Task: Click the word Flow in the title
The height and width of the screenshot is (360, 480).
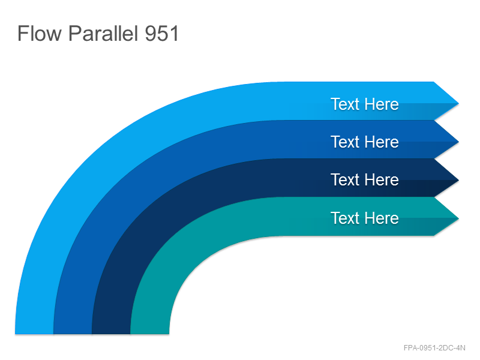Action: click(40, 33)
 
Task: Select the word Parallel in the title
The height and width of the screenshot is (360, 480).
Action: click(103, 33)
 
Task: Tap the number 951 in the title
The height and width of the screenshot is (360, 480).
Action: click(161, 34)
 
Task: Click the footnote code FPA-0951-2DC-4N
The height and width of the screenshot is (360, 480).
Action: click(434, 348)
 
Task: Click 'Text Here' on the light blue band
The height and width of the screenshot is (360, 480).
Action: click(365, 104)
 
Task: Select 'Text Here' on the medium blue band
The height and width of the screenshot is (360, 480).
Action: click(365, 142)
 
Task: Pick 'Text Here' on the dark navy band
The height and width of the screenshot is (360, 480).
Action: click(365, 179)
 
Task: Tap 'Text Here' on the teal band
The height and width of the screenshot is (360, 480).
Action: click(365, 218)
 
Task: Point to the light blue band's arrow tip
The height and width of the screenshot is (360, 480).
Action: click(458, 103)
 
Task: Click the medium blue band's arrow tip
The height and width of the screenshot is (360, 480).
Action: click(458, 142)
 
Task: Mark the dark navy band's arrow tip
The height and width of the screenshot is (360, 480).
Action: click(458, 181)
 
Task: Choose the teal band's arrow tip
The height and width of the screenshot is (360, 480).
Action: click(458, 218)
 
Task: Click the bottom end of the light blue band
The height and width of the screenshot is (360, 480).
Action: click(34, 333)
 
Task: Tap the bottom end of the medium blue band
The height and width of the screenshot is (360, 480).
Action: click(73, 333)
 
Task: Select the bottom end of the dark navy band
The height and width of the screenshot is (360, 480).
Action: click(111, 333)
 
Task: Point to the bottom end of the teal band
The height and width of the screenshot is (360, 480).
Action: click(149, 333)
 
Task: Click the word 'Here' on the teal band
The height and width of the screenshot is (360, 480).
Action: click(382, 218)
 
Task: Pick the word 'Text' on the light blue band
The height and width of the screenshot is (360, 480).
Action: click(345, 104)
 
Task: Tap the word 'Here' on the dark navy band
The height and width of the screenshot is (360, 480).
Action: click(382, 179)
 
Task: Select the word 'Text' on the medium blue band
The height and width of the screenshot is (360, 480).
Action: click(345, 142)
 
